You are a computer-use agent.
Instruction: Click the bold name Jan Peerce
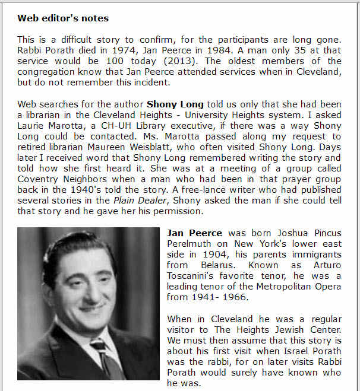point(195,233)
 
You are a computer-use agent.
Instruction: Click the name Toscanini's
point(195,287)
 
